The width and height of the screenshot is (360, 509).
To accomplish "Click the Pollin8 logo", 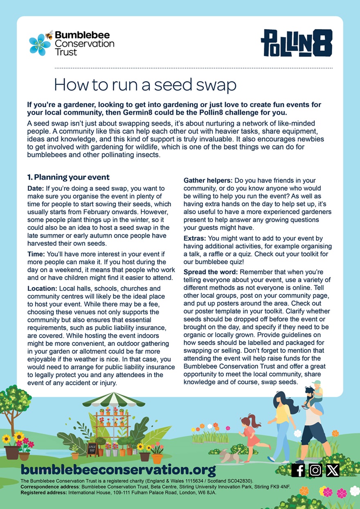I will coord(296,43).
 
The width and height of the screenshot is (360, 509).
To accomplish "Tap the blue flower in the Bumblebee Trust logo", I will coord(40,45).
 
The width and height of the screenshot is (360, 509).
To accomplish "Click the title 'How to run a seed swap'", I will coord(145,85).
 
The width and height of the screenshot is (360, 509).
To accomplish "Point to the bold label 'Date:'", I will coord(36,188).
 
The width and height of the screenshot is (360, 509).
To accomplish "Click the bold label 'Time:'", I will coord(36,254).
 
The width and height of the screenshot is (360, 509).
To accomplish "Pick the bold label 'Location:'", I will coord(43,289).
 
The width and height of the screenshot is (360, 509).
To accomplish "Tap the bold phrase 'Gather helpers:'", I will coord(207,180).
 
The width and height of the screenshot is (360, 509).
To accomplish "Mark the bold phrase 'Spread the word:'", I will coord(211,272).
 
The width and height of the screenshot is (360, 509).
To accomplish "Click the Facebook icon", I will coord(298,470).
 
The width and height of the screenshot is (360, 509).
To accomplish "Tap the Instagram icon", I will coord(315,470).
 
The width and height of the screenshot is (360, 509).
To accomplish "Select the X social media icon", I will coord(333,470).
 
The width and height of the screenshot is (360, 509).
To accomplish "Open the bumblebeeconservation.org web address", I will coord(118,469).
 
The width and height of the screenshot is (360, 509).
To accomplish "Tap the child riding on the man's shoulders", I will coord(316,392).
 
